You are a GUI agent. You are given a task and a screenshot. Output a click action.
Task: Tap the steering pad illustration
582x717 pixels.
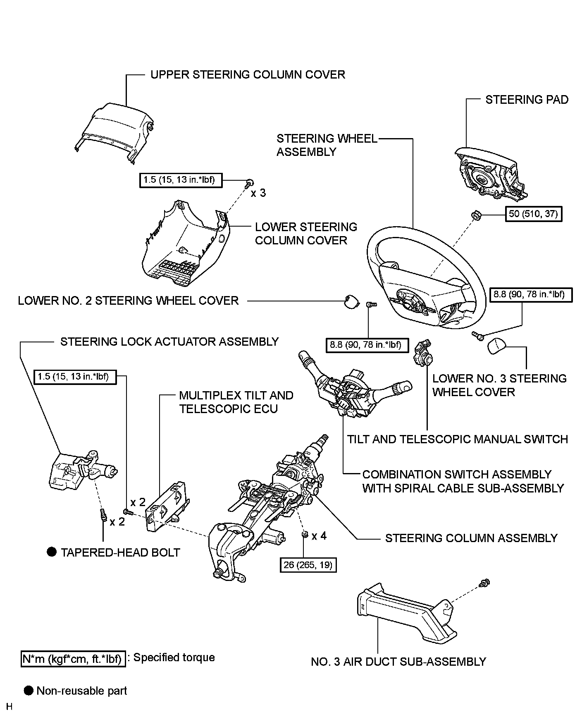click(488, 174)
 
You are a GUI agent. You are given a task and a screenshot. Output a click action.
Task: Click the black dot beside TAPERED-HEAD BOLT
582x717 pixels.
click(51, 552)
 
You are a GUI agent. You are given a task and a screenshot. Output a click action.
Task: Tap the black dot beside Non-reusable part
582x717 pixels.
click(28, 691)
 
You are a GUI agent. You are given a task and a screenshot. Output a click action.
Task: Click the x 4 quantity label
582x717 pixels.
click(319, 536)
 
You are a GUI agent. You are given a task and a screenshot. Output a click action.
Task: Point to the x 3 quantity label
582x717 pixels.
click(258, 193)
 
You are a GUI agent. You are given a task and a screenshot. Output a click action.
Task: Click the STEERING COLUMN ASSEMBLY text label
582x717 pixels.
click(471, 538)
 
